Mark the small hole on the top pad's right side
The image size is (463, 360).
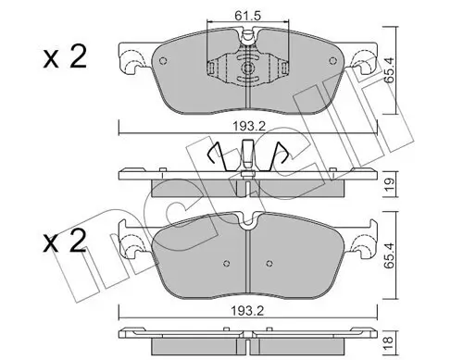pyautogui.click(x=332, y=64)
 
